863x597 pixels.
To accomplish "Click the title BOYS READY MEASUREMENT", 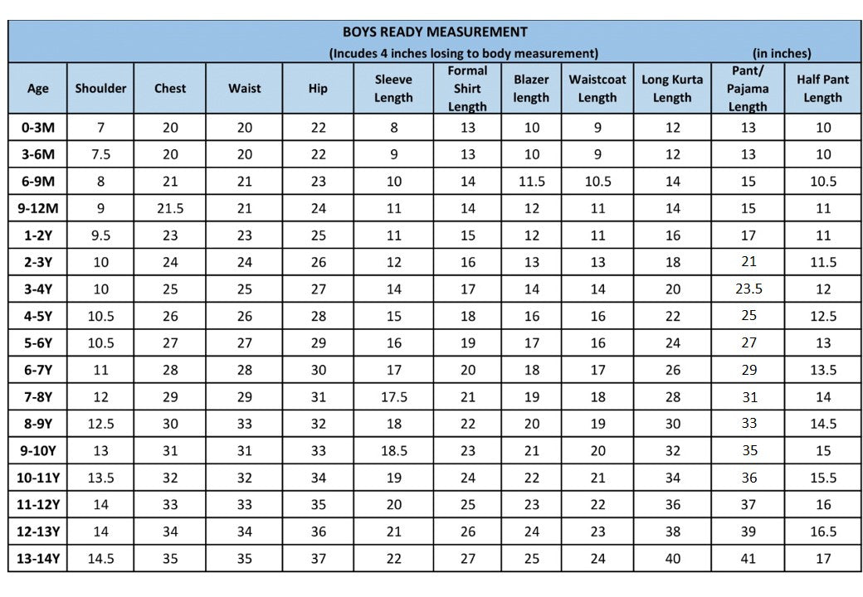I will click(435, 32).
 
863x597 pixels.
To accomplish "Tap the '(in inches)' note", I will click(782, 53).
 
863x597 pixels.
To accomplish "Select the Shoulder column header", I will click(100, 89).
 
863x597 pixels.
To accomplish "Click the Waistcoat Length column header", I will click(597, 89).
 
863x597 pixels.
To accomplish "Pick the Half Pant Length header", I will click(822, 89).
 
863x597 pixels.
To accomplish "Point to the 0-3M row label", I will click(37, 128).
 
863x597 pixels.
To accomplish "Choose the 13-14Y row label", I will click(37, 559).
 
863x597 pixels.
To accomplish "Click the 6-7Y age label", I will click(37, 370).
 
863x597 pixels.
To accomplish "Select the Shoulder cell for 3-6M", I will click(100, 154).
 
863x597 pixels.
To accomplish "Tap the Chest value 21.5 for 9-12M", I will click(170, 209).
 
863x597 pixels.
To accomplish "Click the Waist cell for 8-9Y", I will click(244, 424).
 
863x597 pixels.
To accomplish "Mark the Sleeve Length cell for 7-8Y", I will click(393, 397).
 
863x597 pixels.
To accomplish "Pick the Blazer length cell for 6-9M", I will click(531, 182).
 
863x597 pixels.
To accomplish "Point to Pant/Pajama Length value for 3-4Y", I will click(748, 289).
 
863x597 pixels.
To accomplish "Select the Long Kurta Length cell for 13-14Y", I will click(672, 559).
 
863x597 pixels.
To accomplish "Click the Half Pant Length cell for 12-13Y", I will click(822, 531).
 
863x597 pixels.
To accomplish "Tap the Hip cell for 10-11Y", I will click(318, 478).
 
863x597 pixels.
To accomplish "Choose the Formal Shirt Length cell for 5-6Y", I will click(467, 343).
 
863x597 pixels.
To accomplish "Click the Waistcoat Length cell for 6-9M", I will click(597, 182).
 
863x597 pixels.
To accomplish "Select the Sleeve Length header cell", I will click(393, 89).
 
